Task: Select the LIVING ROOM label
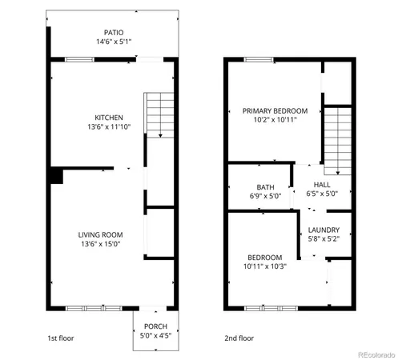click(99, 234)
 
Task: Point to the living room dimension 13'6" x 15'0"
click(99, 244)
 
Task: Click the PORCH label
click(155, 326)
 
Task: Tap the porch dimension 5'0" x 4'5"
click(155, 336)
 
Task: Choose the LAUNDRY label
click(324, 230)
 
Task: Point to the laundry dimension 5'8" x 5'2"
click(324, 238)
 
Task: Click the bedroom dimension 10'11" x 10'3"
click(265, 266)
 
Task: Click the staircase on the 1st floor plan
click(159, 114)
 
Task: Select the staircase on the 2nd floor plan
click(337, 140)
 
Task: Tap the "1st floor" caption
click(60, 338)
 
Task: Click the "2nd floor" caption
click(239, 338)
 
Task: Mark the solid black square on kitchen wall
click(56, 176)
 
